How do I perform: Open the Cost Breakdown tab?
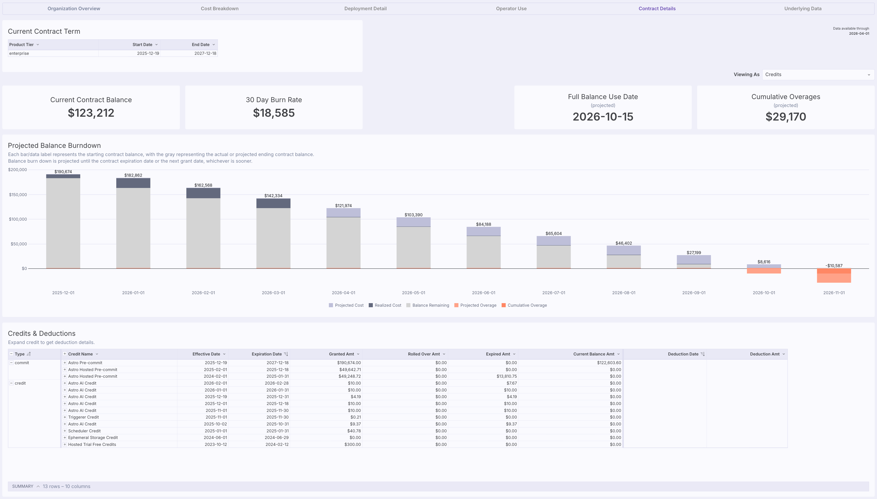click(220, 9)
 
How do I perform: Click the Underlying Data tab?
click(802, 9)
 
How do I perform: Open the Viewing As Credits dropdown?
click(817, 74)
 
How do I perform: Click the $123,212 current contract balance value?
click(91, 113)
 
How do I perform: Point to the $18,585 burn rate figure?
click(274, 113)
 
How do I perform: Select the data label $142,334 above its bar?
click(273, 196)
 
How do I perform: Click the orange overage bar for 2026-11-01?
click(834, 277)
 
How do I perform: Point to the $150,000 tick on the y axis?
click(18, 195)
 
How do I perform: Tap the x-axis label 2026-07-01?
click(553, 293)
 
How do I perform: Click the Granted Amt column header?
click(341, 354)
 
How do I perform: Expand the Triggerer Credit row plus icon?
click(64, 417)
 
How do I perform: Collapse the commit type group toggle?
click(11, 363)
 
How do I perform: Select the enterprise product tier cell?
click(19, 53)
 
